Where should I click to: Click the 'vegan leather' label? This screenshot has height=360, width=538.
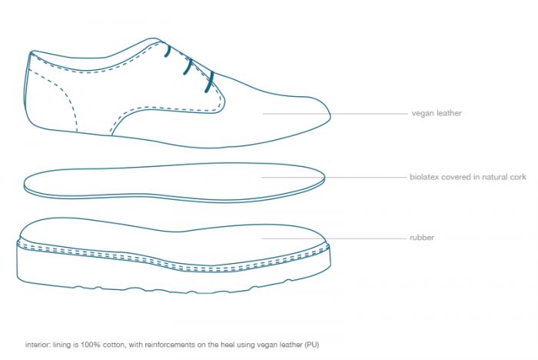437,113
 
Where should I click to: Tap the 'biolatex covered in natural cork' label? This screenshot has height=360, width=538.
468,177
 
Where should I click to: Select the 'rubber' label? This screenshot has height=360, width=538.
422,238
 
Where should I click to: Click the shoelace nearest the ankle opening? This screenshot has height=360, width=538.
168,50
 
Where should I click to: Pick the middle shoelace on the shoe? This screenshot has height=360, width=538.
188,67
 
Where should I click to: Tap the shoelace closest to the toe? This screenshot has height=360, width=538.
209,82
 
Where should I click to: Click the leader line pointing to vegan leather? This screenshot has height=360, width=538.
335,113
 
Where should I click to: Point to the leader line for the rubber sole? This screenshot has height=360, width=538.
334,238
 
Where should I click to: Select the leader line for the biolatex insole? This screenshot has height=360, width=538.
334,177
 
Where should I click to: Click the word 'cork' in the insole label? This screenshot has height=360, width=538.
518,177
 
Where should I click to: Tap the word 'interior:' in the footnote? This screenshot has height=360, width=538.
38,345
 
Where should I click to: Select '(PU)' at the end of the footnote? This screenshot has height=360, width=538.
312,345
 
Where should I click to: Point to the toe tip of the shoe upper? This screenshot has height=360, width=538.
330,115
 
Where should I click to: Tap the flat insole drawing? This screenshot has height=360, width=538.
174,182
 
